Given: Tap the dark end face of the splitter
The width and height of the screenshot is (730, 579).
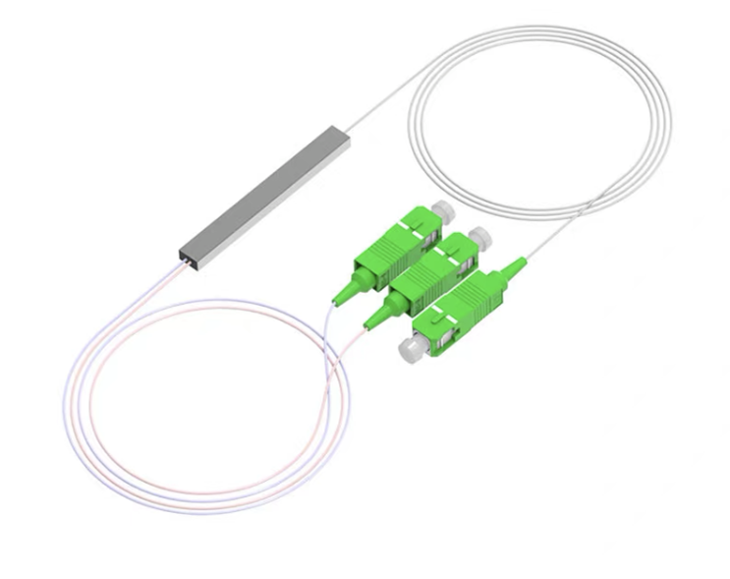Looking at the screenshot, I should pyautogui.click(x=185, y=257).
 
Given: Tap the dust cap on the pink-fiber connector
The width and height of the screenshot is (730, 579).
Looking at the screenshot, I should pyautogui.click(x=480, y=237).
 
